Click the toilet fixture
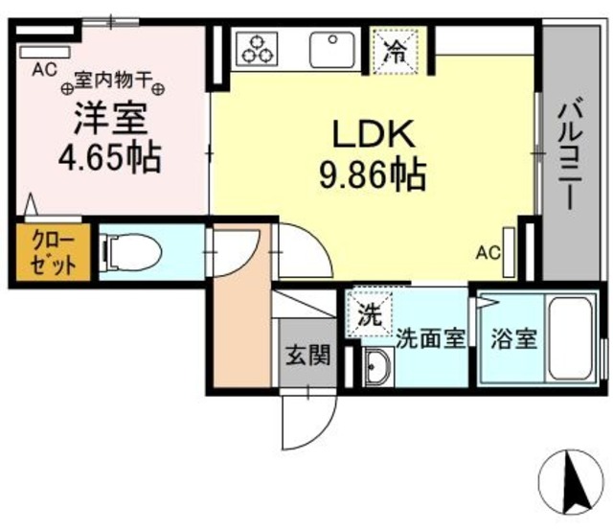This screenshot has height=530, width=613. (x=130, y=252)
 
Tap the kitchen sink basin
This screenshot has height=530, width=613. (x=332, y=50)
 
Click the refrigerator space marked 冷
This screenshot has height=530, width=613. (x=396, y=51)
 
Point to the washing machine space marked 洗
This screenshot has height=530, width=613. (x=369, y=313)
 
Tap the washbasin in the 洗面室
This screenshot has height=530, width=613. (x=376, y=366)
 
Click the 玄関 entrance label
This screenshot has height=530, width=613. (x=308, y=356)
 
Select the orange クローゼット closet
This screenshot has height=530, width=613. (x=54, y=252)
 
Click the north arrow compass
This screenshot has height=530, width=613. (x=571, y=482)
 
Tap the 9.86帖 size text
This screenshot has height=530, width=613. (x=373, y=174)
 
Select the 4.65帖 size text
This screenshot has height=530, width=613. (x=110, y=158)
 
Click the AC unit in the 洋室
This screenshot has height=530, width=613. (x=45, y=52)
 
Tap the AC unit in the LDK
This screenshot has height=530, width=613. (x=509, y=252)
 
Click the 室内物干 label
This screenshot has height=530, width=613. (x=113, y=81)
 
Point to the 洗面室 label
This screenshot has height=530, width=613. (x=431, y=338)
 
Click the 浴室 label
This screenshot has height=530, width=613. (x=513, y=338)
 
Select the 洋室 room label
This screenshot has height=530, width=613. (x=111, y=118)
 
